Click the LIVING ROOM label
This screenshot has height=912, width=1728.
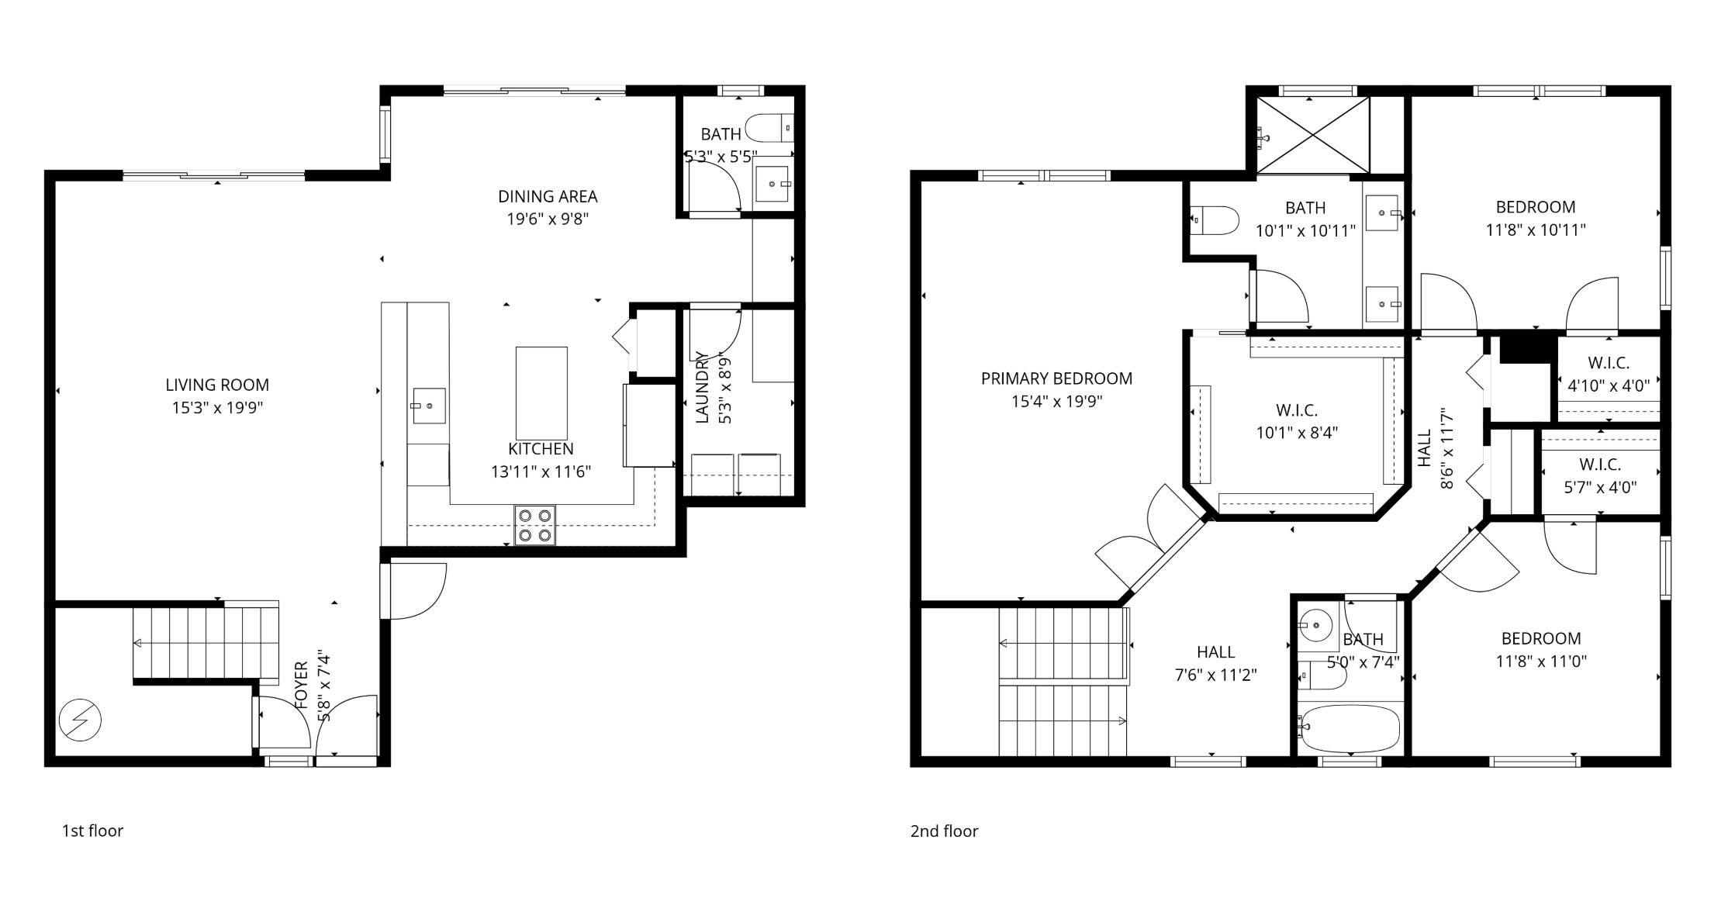[217, 385]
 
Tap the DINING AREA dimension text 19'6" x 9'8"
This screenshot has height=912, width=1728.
[548, 219]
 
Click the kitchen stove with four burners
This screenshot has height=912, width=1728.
[535, 525]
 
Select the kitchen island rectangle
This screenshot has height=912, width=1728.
[541, 393]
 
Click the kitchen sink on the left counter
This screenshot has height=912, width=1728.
[428, 406]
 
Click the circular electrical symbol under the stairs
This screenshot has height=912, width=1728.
[80, 720]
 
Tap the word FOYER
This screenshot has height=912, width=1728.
[302, 685]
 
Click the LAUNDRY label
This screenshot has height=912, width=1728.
[702, 387]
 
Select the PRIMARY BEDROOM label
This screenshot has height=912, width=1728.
[1056, 378]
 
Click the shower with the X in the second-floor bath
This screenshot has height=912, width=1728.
[1312, 136]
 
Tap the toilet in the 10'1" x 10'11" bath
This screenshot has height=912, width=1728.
[1215, 220]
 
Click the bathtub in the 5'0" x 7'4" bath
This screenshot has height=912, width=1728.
[1350, 728]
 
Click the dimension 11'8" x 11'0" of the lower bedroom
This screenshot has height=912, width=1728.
[1541, 662]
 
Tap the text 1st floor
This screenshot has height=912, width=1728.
[92, 831]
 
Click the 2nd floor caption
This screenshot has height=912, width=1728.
[944, 831]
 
